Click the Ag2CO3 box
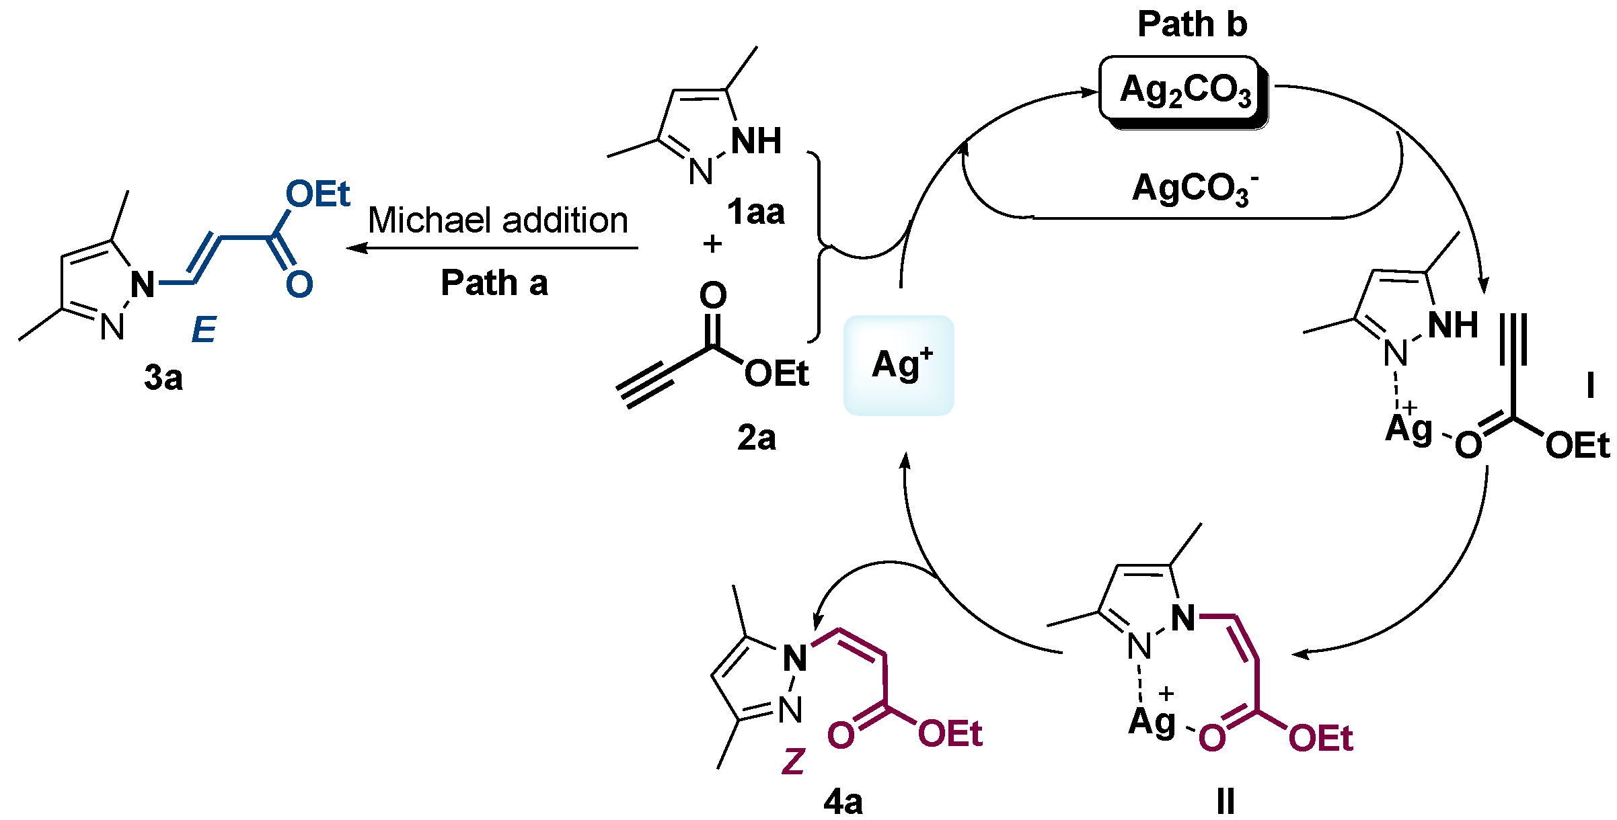point(1184,90)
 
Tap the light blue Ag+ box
point(899,365)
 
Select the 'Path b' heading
point(1192,24)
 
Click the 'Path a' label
point(494,283)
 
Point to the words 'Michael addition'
point(498,220)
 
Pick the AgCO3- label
point(1194,188)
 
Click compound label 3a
point(163,378)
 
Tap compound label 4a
point(843,802)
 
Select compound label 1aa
point(755,212)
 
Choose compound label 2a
point(756,438)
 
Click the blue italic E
point(204,329)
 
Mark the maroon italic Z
point(794,762)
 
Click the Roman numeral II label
point(1225,802)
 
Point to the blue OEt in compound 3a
point(317,194)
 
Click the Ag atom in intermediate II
point(1152,722)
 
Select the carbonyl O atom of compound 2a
point(713,295)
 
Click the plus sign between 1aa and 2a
point(712,243)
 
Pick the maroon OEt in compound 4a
point(950,734)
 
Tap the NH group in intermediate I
point(1453,325)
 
